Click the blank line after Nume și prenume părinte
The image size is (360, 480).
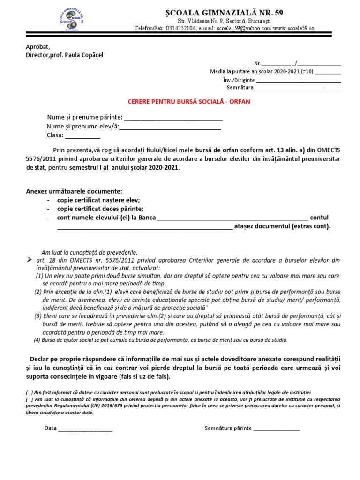click(x=173, y=118)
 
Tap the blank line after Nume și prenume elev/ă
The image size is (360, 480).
click(x=171, y=127)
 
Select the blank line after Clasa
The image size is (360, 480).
click(x=82, y=137)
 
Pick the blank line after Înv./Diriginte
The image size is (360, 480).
click(x=299, y=80)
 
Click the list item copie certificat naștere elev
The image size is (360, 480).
click(x=98, y=199)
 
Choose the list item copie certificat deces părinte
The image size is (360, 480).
click(x=100, y=209)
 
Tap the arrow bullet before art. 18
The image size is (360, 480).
click(x=29, y=260)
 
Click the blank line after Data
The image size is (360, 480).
click(x=85, y=429)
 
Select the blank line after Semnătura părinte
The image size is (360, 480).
click(x=276, y=429)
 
